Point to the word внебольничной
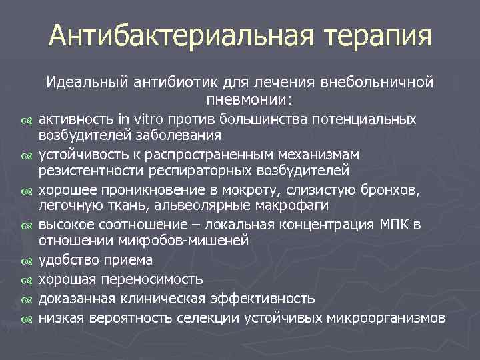[x=378, y=83]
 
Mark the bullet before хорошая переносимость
[x=27, y=280]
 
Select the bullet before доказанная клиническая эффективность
[x=27, y=299]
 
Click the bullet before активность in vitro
[x=27, y=121]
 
